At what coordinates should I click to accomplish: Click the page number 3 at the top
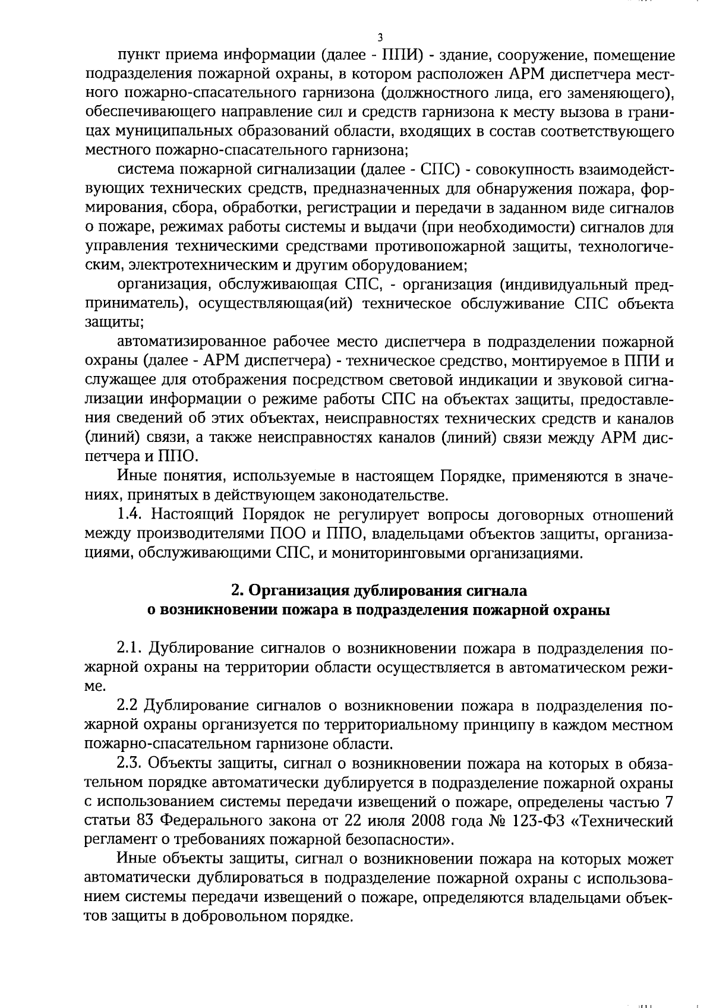click(x=380, y=37)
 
